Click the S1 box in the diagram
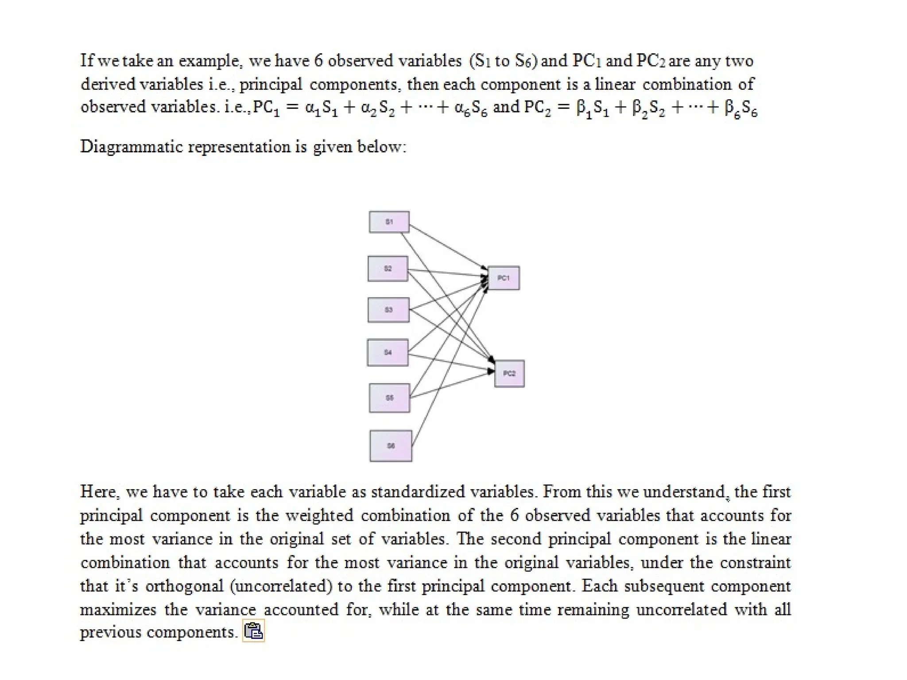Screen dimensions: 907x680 point(389,222)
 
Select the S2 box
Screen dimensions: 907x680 point(388,269)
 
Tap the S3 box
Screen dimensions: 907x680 point(388,310)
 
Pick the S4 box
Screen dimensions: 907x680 point(388,352)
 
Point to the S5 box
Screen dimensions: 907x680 point(389,398)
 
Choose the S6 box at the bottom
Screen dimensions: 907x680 point(391,446)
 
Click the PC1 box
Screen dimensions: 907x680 point(504,278)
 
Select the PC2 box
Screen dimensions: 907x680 point(509,374)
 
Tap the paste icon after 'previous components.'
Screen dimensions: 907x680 point(253,631)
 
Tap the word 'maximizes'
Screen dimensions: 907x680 point(118,610)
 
